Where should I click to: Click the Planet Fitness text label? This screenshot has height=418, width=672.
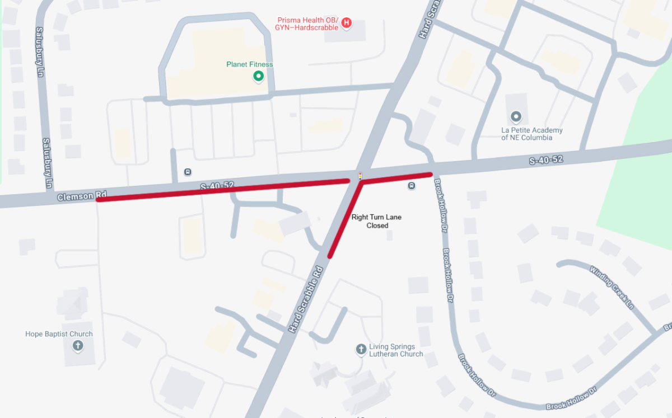point(250,64)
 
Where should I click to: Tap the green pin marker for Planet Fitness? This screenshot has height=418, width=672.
point(258,76)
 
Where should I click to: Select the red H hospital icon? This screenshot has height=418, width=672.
point(347,23)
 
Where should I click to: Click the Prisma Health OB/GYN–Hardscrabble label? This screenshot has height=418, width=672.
point(307,24)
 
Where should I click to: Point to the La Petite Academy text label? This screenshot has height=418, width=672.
point(531,134)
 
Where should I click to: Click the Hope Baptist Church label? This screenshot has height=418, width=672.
point(59,334)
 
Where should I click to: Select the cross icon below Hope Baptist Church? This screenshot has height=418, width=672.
point(78,346)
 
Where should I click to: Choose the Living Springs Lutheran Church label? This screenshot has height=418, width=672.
point(396,350)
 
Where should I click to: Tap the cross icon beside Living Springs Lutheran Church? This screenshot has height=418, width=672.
point(361,350)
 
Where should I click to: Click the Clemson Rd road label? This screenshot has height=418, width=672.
point(81,196)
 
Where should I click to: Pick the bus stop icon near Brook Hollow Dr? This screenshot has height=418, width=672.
point(412,186)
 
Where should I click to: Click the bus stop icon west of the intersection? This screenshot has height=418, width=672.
point(187,172)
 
